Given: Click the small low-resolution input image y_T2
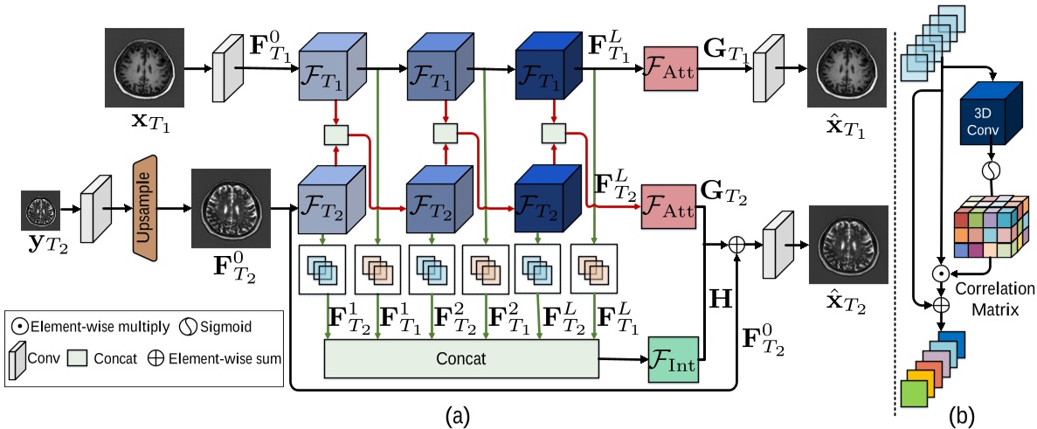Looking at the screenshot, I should [40, 211].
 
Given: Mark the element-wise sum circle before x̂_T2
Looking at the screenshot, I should [738, 246].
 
